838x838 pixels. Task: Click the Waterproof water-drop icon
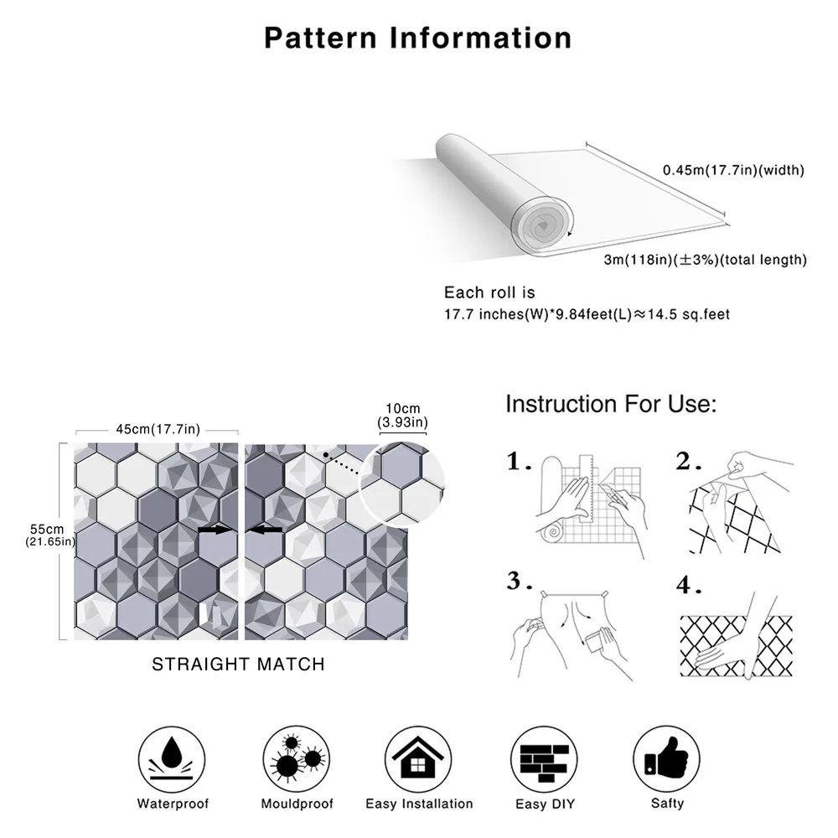pyautogui.click(x=172, y=759)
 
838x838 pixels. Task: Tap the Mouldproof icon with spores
pyautogui.click(x=296, y=759)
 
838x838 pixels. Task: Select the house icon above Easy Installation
pyautogui.click(x=418, y=759)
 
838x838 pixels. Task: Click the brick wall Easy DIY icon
pyautogui.click(x=544, y=759)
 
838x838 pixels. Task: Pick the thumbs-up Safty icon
pyautogui.click(x=666, y=759)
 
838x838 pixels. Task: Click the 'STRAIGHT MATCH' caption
pyautogui.click(x=238, y=665)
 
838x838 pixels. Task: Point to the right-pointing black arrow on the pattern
pyautogui.click(x=216, y=530)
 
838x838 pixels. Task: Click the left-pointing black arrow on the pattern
pyautogui.click(x=265, y=530)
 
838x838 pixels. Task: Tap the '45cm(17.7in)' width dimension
pyautogui.click(x=158, y=429)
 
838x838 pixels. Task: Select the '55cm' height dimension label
pyautogui.click(x=47, y=529)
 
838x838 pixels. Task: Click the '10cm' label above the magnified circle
pyautogui.click(x=403, y=409)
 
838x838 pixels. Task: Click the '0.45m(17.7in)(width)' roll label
pyautogui.click(x=733, y=170)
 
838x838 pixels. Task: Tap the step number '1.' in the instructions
pyautogui.click(x=519, y=461)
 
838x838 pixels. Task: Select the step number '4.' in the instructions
pyautogui.click(x=688, y=585)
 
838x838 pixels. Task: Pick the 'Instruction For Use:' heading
pyautogui.click(x=611, y=404)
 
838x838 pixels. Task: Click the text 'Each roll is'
pyautogui.click(x=489, y=292)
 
